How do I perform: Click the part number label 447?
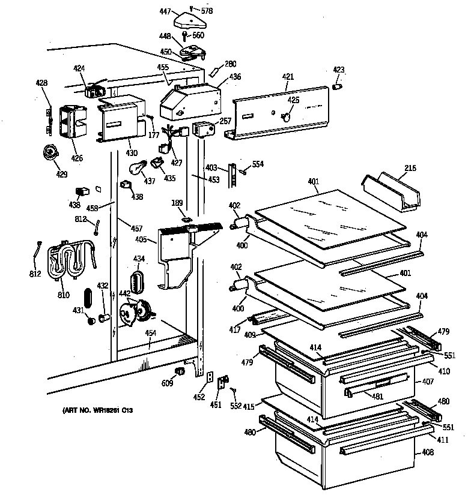(x=165, y=11)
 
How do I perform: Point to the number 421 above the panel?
(x=288, y=77)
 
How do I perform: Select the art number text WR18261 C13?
(x=97, y=410)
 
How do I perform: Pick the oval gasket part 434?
(x=138, y=280)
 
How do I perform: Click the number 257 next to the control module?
(x=225, y=121)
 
